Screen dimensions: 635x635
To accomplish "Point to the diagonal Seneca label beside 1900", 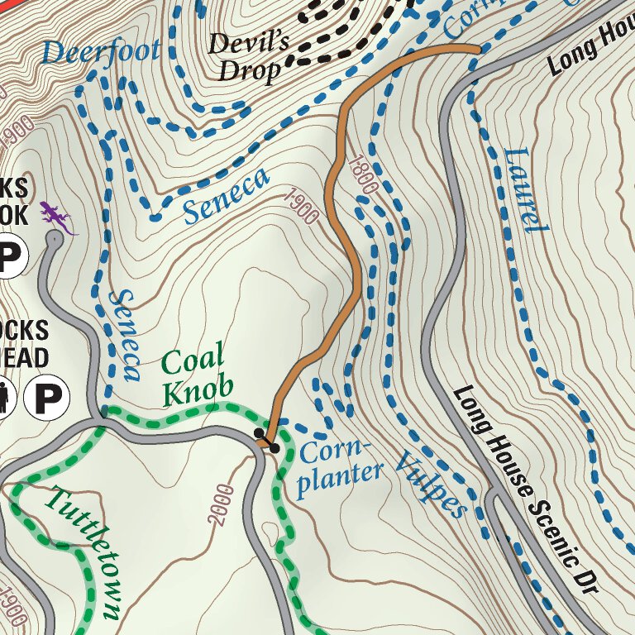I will [x=226, y=197].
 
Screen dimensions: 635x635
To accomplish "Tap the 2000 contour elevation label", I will [x=222, y=504].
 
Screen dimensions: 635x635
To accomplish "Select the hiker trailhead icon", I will [x=4, y=398].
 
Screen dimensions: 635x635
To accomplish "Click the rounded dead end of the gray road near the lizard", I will [x=54, y=239].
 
